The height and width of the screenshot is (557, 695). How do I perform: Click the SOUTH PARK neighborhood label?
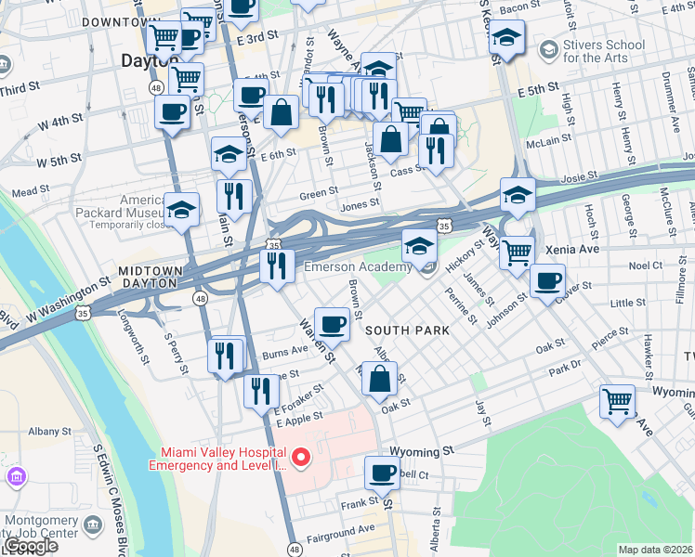(407, 330)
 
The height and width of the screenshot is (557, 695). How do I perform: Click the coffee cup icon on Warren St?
(332, 324)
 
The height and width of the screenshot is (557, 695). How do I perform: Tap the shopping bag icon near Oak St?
(379, 379)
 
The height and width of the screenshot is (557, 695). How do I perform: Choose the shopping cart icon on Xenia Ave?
(517, 250)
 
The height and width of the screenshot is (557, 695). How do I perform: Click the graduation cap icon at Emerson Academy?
(419, 247)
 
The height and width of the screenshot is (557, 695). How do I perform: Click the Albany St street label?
(49, 432)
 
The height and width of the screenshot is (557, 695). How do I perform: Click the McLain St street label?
(549, 141)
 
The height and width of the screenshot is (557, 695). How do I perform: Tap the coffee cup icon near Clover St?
(547, 279)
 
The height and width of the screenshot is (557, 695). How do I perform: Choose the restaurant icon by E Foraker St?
(261, 391)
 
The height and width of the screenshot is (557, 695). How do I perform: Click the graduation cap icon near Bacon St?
(506, 38)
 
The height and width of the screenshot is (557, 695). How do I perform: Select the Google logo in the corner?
(29, 546)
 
